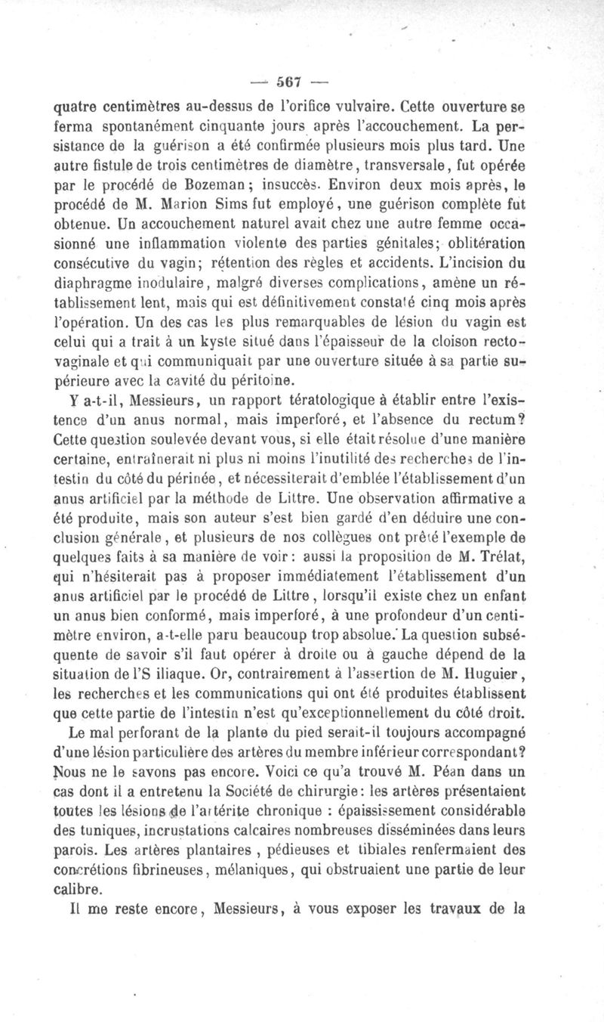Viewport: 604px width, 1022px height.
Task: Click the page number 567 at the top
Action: click(x=288, y=81)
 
